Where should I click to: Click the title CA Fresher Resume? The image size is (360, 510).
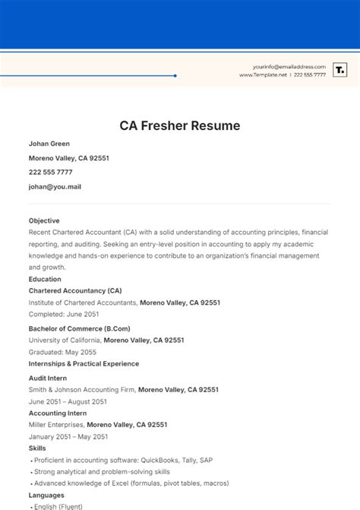click(179, 125)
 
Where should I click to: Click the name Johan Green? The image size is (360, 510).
click(49, 144)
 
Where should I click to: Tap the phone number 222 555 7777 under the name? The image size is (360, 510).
click(50, 172)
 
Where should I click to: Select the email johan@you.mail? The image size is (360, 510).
click(55, 185)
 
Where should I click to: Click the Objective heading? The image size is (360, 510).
click(44, 220)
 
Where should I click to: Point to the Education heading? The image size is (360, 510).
click(45, 279)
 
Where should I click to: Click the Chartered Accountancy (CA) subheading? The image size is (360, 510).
click(75, 290)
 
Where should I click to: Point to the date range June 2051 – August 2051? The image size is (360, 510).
click(68, 401)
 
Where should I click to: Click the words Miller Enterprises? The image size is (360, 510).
click(56, 425)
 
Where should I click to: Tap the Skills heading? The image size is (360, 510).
click(37, 448)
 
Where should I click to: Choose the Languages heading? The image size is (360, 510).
click(47, 495)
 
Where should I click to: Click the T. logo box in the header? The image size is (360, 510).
click(340, 71)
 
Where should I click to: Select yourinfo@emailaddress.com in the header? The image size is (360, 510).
click(289, 67)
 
